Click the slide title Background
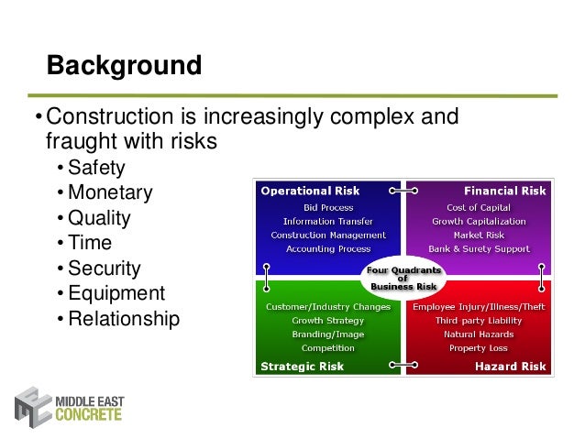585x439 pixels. (124, 66)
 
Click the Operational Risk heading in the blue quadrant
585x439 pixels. (311, 191)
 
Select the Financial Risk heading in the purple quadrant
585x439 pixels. (505, 191)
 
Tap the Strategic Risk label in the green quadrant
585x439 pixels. (303, 367)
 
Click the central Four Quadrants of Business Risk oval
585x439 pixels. (403, 278)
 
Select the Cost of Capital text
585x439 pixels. (480, 207)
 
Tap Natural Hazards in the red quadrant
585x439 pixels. (480, 335)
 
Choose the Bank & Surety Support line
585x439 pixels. (480, 248)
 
